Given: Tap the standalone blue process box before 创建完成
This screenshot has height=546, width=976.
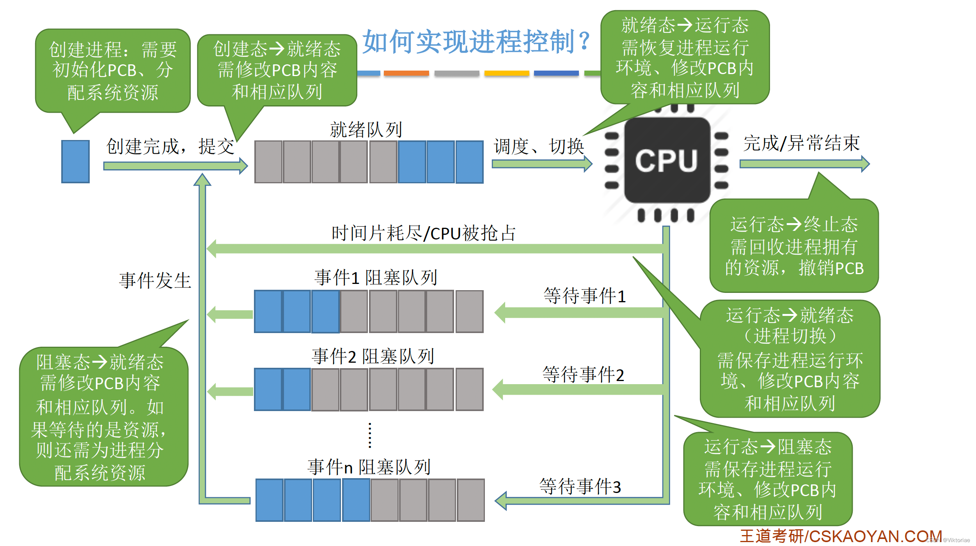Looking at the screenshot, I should point(75,161).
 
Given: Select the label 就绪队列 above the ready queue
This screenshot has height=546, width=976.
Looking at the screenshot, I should point(366,129).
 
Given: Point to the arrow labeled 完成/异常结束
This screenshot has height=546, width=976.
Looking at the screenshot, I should point(804,164).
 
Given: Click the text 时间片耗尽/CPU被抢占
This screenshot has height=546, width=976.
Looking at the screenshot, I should point(423,233).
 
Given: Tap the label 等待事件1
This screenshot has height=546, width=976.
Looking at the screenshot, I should point(584,296).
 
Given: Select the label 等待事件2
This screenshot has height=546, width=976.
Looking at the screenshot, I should point(583,374).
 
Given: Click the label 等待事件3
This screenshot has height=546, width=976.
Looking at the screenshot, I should point(580,486).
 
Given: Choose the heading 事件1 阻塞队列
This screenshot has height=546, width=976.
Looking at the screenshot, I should point(375,277).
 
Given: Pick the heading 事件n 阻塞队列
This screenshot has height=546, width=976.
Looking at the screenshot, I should point(369,466).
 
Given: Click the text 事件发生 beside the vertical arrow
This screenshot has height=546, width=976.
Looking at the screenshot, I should point(155,280).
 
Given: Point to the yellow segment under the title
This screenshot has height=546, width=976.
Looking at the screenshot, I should point(506,73).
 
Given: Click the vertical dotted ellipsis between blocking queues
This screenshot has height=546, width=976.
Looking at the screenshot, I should point(370,435).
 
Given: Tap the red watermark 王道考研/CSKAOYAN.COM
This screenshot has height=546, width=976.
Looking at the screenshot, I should point(841,536).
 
